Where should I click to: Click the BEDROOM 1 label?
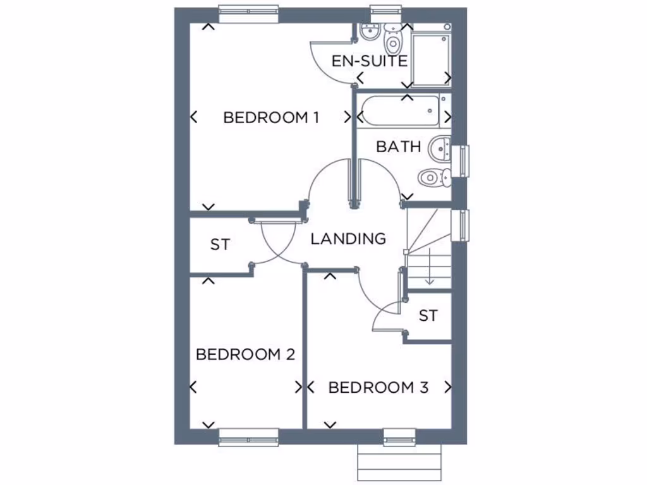[x=270, y=117]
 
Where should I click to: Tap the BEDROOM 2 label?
[x=245, y=354]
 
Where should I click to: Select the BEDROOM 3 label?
[x=378, y=387]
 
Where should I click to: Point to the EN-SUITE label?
[x=370, y=61]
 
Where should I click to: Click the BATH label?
[x=399, y=147]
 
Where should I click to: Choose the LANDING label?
[x=348, y=239]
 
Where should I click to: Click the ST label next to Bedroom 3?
[x=428, y=315]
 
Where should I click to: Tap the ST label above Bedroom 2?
[x=220, y=244]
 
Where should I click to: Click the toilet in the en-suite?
[x=393, y=41]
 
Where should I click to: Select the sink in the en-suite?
[x=368, y=32]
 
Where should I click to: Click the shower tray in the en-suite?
[x=430, y=58]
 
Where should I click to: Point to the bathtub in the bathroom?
[x=398, y=111]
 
